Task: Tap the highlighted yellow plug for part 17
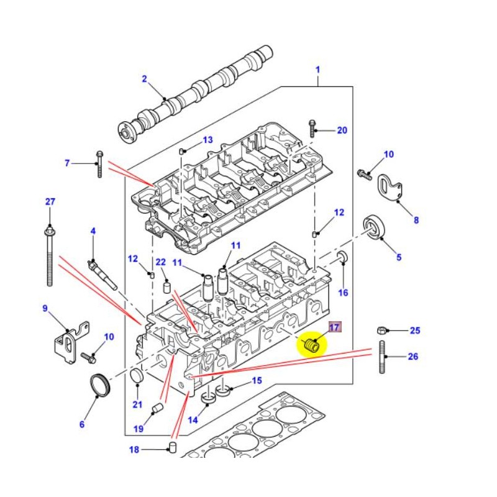click(312, 344)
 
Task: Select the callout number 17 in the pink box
click(334, 328)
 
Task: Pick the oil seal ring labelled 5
click(375, 226)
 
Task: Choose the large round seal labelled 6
click(99, 385)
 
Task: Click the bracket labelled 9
click(70, 340)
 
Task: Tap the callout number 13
click(207, 140)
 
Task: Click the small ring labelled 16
click(342, 258)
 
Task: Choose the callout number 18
click(134, 450)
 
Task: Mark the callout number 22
click(160, 263)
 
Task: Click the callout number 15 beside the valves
click(256, 381)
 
